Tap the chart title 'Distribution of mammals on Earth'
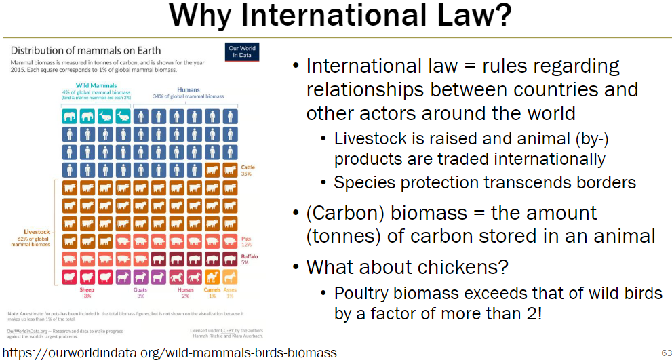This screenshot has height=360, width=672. [85, 50]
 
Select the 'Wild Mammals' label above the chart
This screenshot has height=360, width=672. [98, 86]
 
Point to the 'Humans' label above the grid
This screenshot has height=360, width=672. [188, 89]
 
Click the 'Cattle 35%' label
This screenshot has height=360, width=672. [247, 170]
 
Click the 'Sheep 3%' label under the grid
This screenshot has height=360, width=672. [87, 292]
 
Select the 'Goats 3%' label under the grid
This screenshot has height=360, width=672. [140, 292]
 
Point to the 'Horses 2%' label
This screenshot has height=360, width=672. [184, 292]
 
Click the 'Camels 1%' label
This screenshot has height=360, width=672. [212, 292]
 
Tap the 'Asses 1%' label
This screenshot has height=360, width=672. [231, 292]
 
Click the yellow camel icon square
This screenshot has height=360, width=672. [212, 277]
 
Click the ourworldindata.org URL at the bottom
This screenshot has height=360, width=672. [169, 353]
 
